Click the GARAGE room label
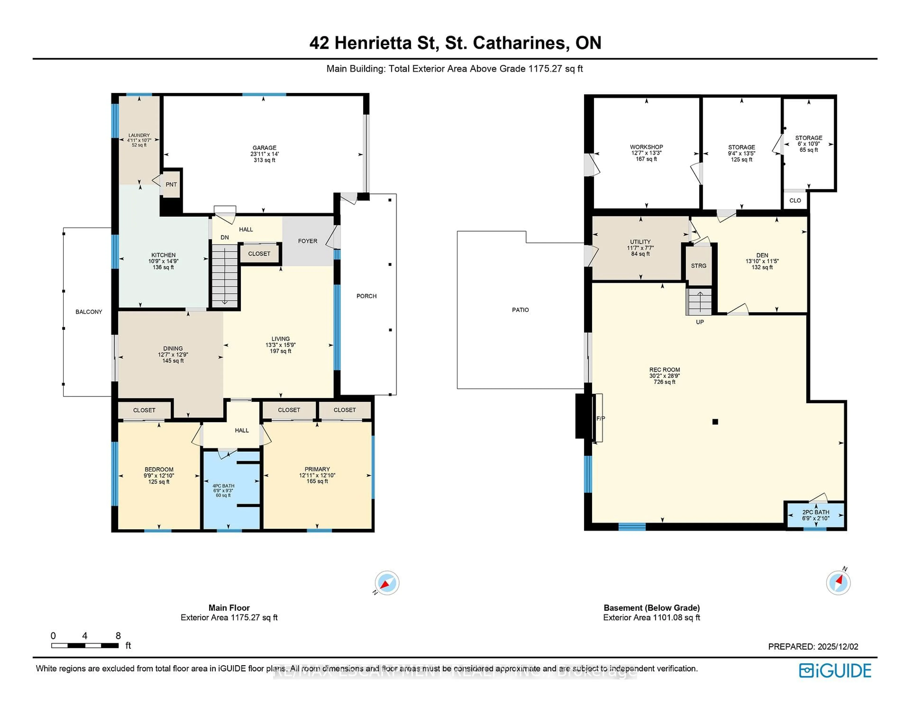tap(264, 148)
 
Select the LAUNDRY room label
tap(139, 135)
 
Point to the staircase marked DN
tap(225, 275)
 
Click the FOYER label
tap(308, 241)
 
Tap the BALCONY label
tap(89, 312)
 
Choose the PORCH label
tap(366, 296)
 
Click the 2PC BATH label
tap(815, 512)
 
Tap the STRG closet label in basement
tap(699, 266)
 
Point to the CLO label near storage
tap(795, 200)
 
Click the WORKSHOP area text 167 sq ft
tap(646, 159)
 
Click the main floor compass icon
tap(387, 583)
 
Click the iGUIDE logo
tap(835, 671)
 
